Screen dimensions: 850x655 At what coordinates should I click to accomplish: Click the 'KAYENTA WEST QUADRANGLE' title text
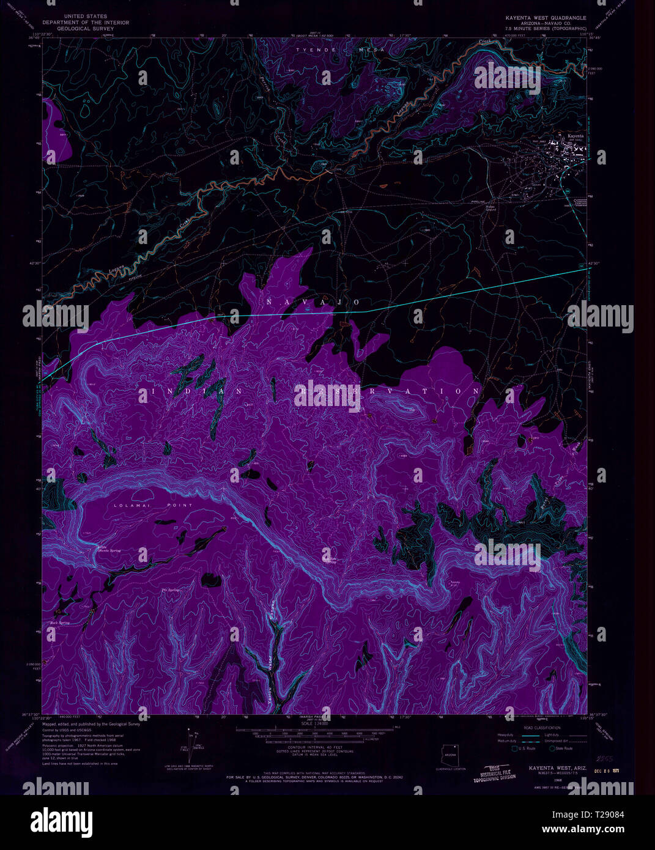(x=546, y=18)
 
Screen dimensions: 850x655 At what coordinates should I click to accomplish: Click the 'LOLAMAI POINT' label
(x=153, y=505)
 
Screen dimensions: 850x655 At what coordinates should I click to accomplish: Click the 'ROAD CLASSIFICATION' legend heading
(x=542, y=728)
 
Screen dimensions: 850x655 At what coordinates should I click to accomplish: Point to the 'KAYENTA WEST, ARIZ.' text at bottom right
(x=549, y=766)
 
